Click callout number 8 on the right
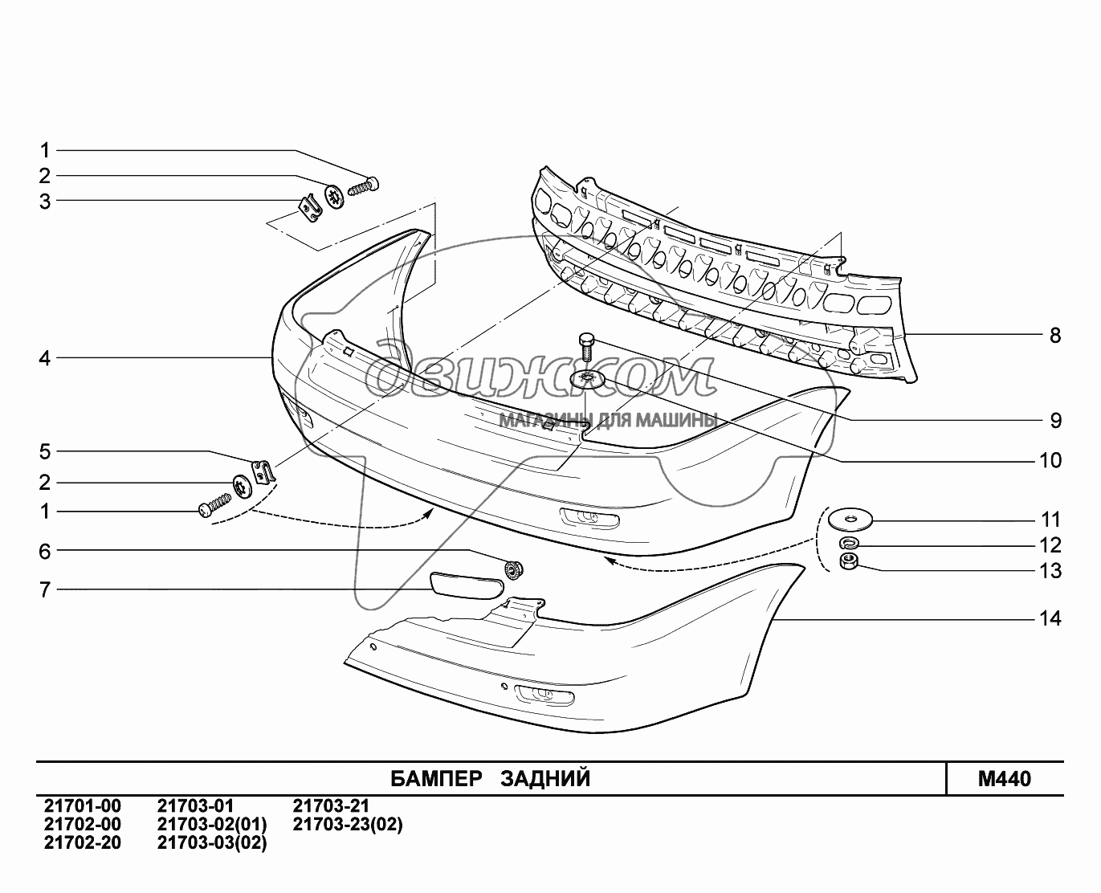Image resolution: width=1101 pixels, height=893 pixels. (1055, 336)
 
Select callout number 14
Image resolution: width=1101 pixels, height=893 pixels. (1050, 618)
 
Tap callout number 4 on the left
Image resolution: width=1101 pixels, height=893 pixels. (45, 358)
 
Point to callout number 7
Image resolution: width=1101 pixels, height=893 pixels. (45, 589)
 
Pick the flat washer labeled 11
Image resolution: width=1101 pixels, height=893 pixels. (850, 520)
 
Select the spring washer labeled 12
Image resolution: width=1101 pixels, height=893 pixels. (850, 543)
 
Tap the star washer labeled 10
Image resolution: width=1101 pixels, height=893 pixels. (586, 379)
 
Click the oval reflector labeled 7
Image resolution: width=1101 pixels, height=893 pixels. (467, 585)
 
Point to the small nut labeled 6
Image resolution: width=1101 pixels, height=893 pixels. (513, 569)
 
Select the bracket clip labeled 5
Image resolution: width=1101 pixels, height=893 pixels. (263, 472)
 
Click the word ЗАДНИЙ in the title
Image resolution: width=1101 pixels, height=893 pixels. (545, 779)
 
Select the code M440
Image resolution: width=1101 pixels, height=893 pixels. (1005, 779)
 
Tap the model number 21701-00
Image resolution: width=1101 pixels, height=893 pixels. (83, 805)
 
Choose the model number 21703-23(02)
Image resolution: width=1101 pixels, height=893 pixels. (348, 824)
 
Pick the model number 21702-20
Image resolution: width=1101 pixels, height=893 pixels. (83, 842)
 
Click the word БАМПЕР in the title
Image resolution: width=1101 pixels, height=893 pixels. (436, 779)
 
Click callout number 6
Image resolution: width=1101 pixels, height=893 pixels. (45, 552)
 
